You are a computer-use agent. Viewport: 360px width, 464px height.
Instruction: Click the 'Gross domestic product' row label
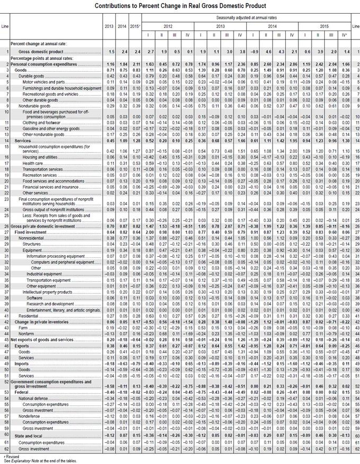click(x=41, y=52)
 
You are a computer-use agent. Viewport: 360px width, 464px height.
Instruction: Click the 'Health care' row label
click(x=33, y=163)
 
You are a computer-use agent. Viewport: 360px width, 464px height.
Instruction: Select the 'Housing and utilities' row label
click(x=38, y=158)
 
